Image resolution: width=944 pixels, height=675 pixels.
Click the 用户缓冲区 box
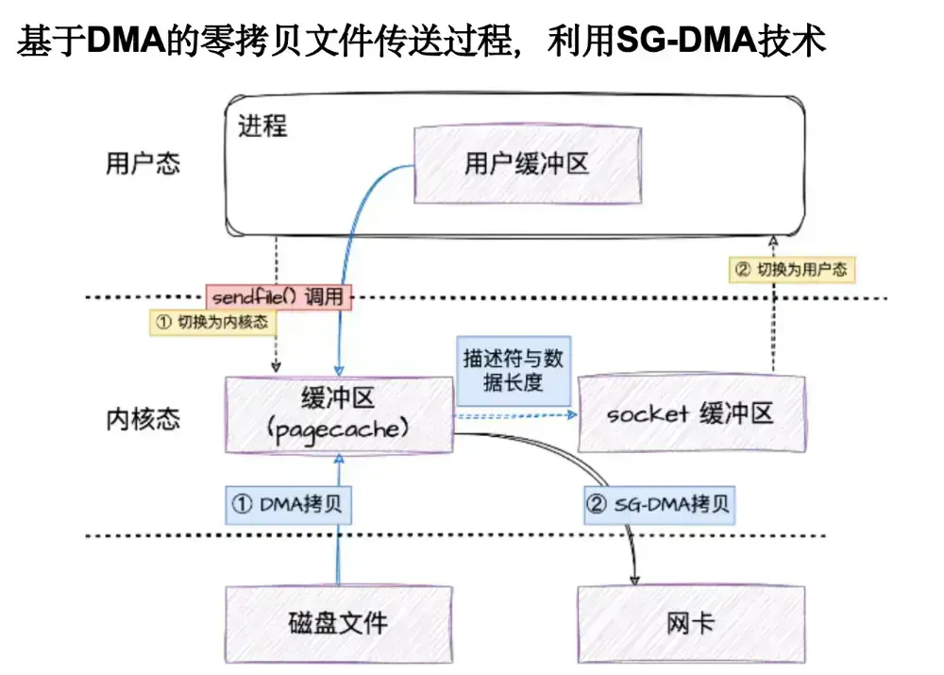(526, 164)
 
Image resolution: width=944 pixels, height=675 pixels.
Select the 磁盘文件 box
(337, 622)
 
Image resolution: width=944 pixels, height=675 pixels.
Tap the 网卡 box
(690, 622)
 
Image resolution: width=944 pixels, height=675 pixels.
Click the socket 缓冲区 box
(690, 414)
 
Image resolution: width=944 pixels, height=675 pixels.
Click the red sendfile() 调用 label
(278, 296)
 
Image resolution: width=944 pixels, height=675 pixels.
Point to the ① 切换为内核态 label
(211, 322)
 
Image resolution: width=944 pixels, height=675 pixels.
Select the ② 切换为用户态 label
(791, 270)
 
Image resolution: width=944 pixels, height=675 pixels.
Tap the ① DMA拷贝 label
(289, 505)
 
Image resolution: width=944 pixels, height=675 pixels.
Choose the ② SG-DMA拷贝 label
(658, 505)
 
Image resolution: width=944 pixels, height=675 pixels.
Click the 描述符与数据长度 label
(513, 372)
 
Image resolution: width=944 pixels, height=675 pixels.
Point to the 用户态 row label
(142, 163)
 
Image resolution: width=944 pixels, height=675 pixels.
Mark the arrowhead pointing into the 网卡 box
(635, 578)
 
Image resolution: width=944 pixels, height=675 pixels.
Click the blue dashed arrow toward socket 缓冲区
(514, 414)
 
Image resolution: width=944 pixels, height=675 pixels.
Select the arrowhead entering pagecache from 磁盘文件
(338, 458)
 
